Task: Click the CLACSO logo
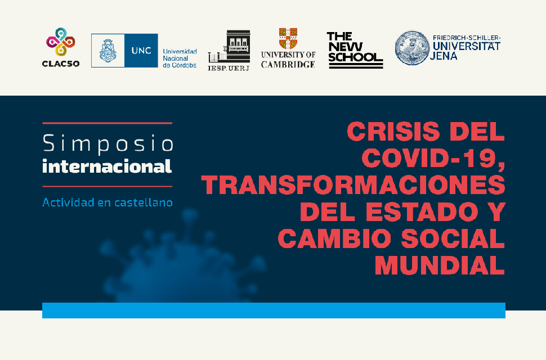61,47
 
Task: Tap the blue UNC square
141,51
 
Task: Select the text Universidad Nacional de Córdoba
180,58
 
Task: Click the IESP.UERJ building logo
229,51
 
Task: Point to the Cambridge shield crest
288,38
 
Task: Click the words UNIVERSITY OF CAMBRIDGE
288,60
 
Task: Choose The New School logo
355,51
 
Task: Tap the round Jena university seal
412,48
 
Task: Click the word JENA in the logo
444,56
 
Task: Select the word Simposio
108,143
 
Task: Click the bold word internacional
108,166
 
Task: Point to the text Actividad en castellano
108,202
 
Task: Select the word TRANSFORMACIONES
353,184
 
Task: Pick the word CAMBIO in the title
334,238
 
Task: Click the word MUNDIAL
440,265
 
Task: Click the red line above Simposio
108,123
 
